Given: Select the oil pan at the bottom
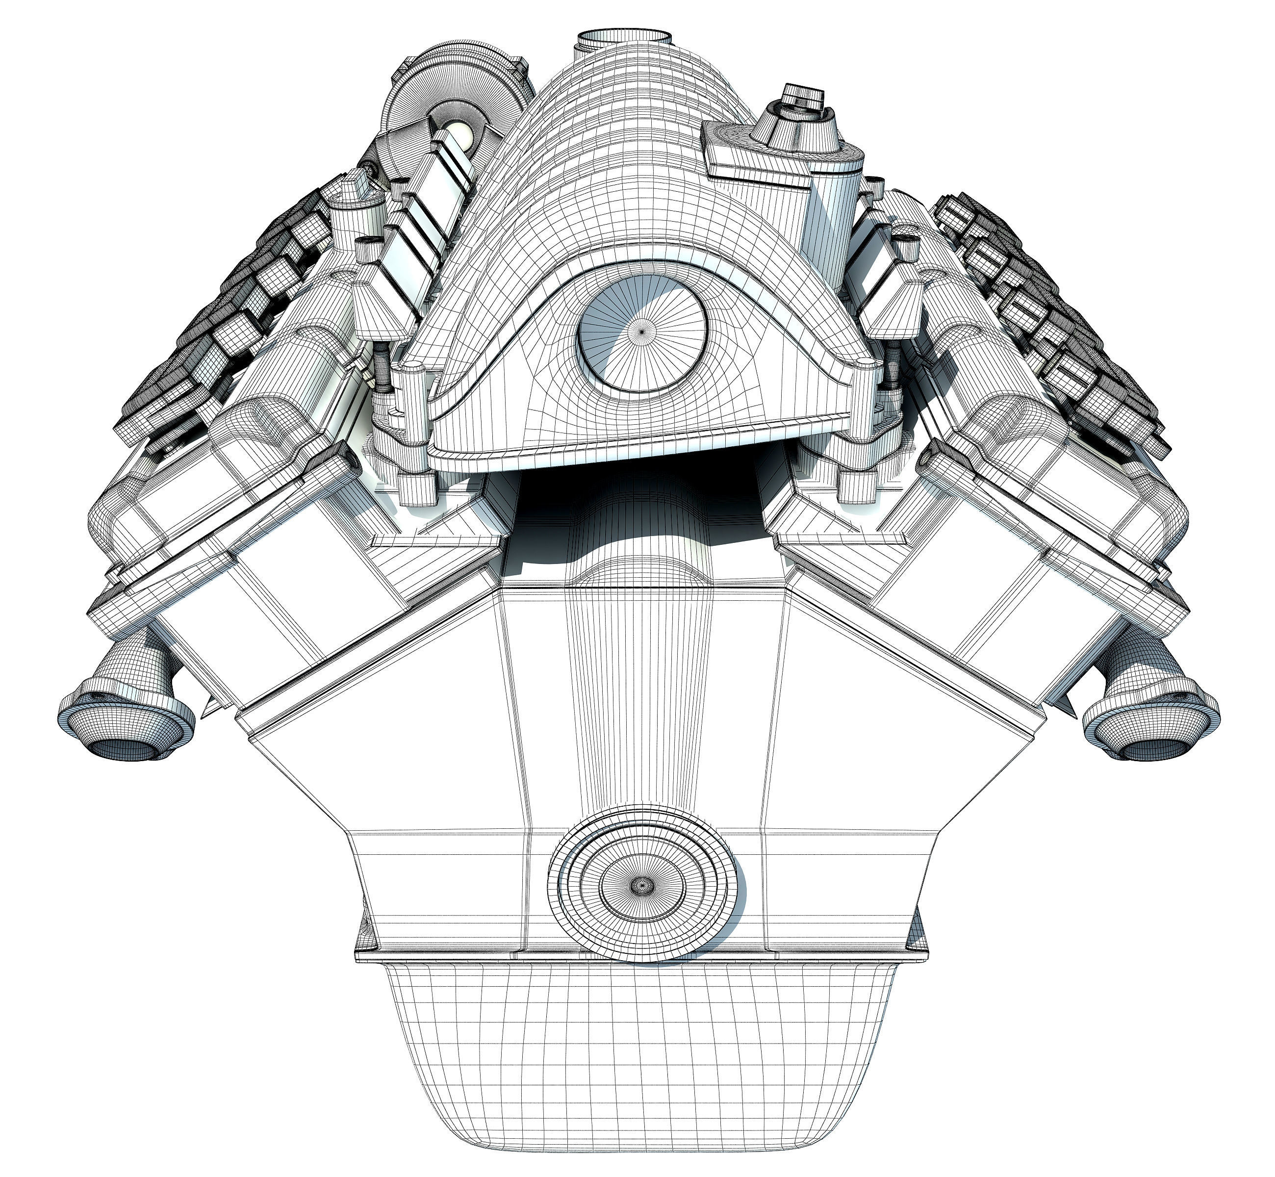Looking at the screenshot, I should click(x=640, y=1057).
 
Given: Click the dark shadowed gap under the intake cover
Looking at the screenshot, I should click(x=640, y=503).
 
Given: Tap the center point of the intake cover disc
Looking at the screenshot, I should click(x=642, y=331).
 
